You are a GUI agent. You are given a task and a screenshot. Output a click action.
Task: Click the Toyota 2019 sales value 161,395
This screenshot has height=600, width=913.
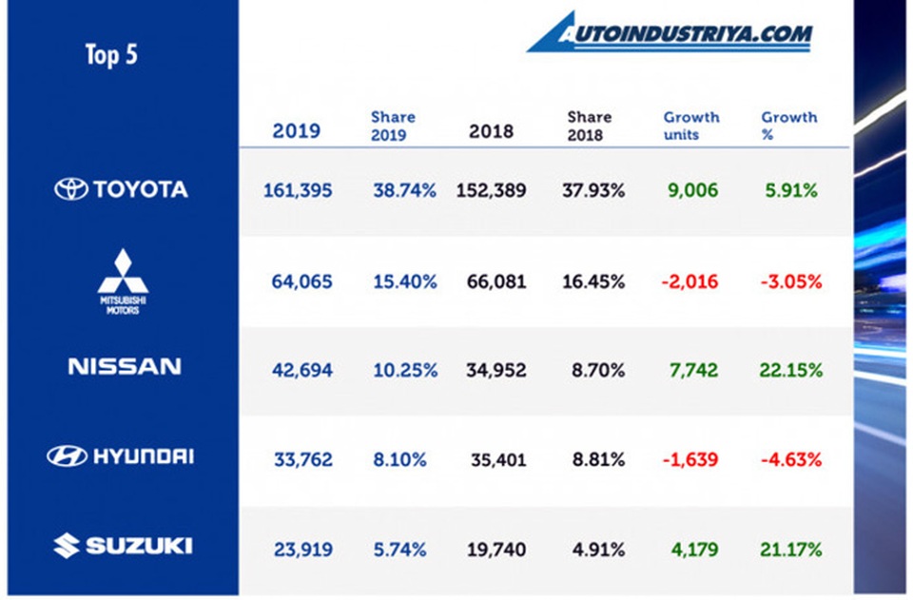click(x=298, y=190)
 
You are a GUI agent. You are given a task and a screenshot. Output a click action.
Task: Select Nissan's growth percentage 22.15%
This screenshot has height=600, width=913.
click(x=790, y=370)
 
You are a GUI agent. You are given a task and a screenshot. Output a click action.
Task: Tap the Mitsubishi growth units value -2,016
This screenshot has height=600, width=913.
click(x=691, y=281)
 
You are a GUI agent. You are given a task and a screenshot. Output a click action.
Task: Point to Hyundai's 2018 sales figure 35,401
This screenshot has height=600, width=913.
click(x=498, y=460)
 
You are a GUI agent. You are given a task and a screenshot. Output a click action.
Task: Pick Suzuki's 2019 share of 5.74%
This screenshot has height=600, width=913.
click(x=399, y=550)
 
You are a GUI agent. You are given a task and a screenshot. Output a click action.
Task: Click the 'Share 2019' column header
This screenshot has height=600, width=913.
click(x=393, y=126)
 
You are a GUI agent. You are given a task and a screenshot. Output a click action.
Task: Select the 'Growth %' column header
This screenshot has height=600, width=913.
click(x=788, y=126)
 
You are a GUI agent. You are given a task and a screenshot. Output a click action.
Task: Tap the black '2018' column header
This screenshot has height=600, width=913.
click(x=491, y=130)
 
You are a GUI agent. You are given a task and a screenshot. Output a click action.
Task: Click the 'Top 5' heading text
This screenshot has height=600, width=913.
click(x=111, y=54)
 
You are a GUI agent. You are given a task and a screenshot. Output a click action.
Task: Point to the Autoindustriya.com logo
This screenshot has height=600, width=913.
click(x=670, y=33)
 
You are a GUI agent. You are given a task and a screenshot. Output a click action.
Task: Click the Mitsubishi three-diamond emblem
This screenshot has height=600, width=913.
click(x=123, y=270)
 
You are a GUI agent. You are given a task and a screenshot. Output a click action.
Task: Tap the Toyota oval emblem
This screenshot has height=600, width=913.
click(x=71, y=189)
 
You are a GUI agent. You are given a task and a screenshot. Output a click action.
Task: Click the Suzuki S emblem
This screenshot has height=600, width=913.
click(x=66, y=546)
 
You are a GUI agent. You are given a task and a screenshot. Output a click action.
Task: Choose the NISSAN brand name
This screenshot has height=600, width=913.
click(x=124, y=367)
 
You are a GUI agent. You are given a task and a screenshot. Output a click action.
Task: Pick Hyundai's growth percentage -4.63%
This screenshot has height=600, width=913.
click(x=790, y=460)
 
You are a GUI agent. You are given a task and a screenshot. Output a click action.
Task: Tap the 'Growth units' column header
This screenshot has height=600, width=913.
click(x=691, y=126)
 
